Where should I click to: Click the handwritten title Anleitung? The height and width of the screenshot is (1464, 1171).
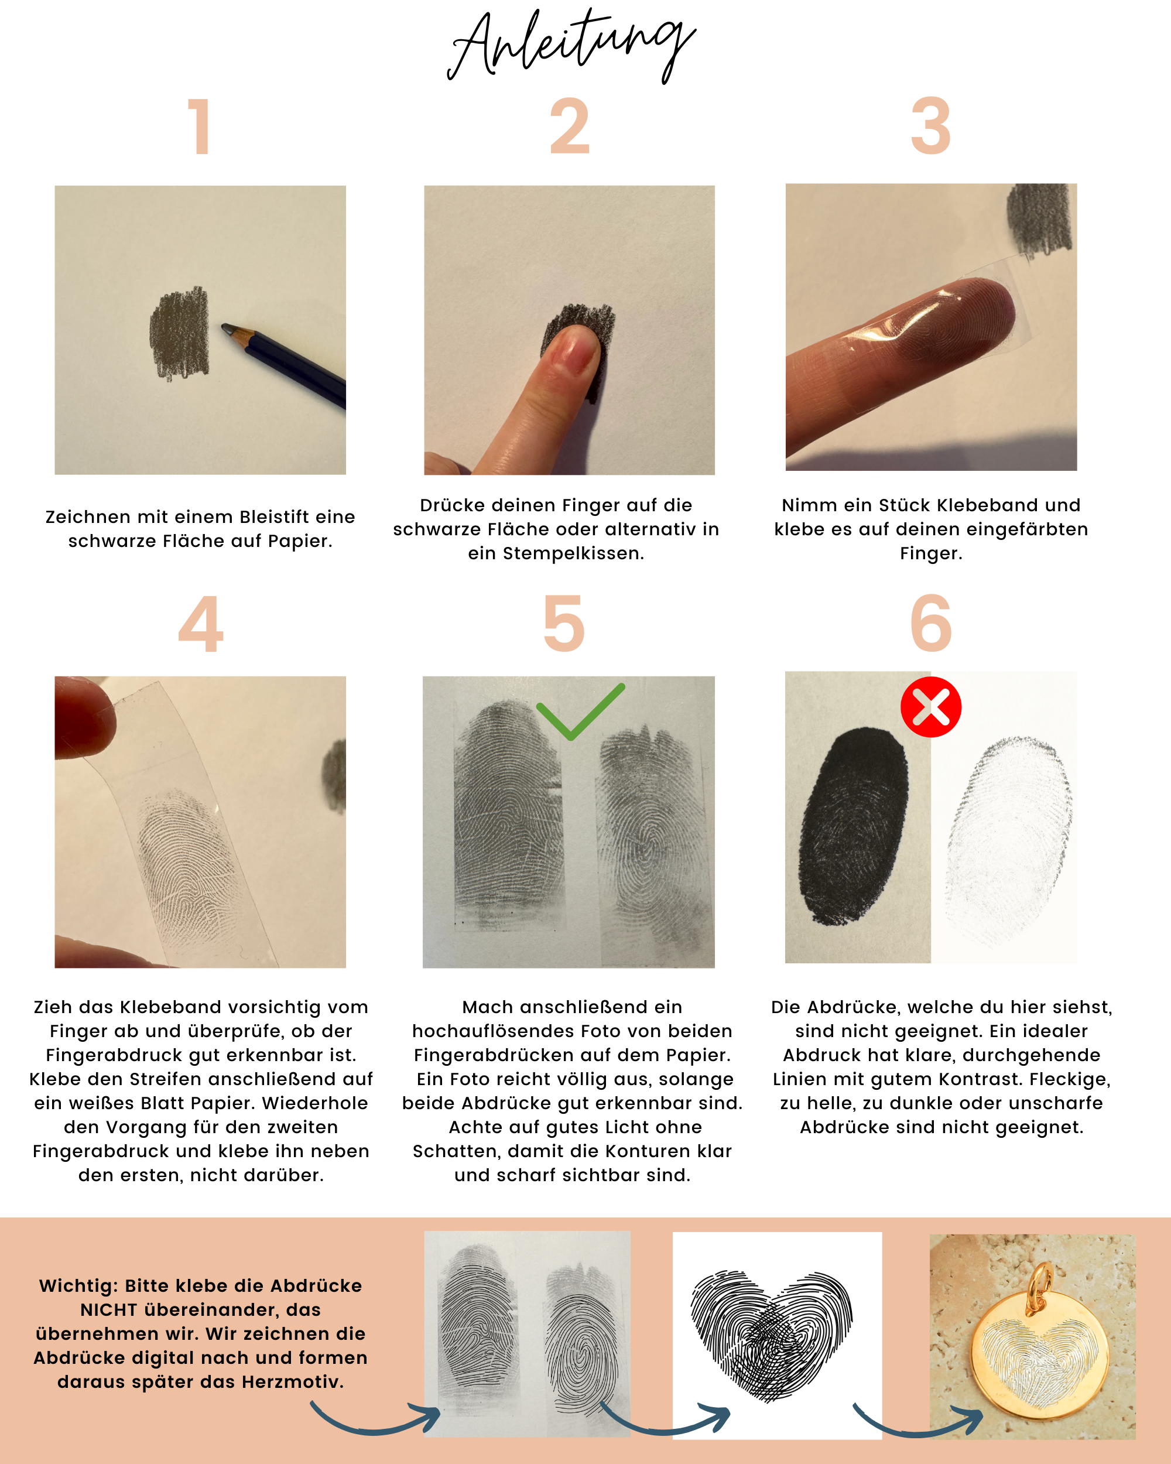point(571,46)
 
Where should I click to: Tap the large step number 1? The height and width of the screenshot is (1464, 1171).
point(200,126)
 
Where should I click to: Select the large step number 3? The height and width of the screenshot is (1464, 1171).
point(931,126)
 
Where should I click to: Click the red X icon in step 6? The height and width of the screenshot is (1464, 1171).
point(931,707)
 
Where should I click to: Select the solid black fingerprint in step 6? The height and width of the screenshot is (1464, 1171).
point(853,826)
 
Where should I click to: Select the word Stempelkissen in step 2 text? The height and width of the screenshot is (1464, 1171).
point(573,554)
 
